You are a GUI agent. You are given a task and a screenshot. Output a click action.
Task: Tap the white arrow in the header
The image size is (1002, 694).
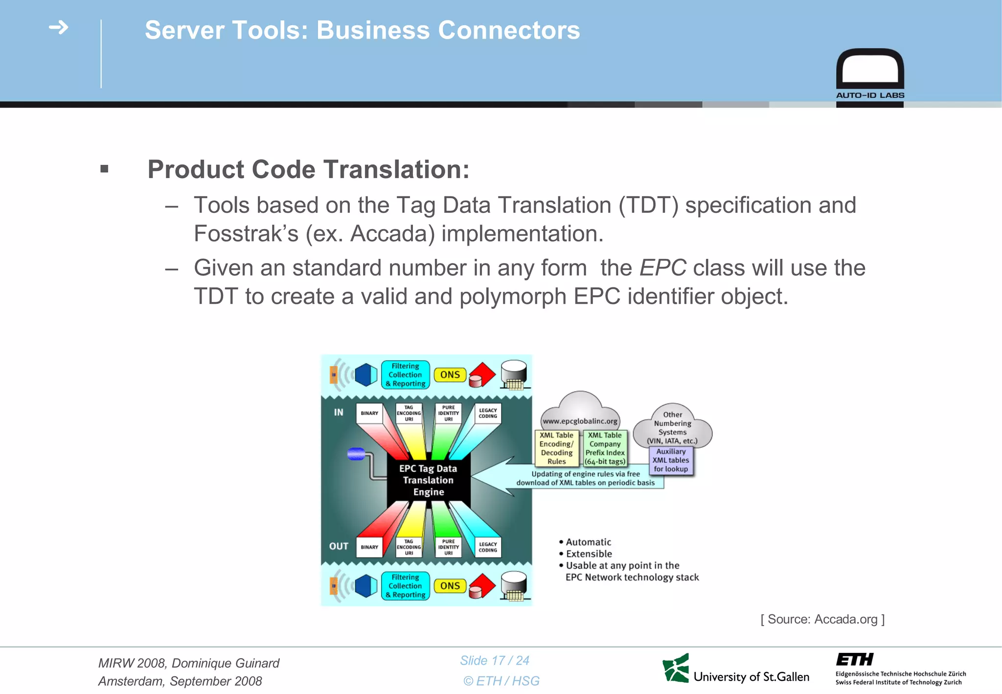click(x=59, y=27)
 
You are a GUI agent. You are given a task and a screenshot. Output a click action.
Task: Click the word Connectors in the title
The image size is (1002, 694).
click(x=509, y=30)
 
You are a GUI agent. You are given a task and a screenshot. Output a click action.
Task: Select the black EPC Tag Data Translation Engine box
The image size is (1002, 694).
click(x=428, y=480)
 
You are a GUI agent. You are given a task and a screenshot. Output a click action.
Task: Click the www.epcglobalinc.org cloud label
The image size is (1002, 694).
click(x=580, y=421)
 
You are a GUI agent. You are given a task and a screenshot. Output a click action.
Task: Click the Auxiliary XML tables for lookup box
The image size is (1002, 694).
click(x=671, y=460)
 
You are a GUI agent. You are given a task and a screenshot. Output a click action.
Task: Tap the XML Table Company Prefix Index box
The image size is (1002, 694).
click(x=605, y=448)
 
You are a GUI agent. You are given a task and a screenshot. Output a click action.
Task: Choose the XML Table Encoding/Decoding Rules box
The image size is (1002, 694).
click(x=556, y=448)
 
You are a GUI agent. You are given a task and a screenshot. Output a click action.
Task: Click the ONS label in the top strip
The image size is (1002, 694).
click(x=450, y=375)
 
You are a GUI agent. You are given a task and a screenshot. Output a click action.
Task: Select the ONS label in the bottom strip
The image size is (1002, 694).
click(x=450, y=586)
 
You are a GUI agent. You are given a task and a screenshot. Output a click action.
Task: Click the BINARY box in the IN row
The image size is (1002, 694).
click(x=369, y=414)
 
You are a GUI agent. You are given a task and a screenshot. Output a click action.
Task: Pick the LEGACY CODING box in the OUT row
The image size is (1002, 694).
click(x=488, y=547)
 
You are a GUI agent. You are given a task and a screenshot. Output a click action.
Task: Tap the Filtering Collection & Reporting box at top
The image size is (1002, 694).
click(x=405, y=375)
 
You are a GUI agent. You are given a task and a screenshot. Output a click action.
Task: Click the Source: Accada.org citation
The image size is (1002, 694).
click(x=822, y=619)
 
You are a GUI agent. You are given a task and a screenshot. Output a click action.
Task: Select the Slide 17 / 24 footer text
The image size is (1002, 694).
click(x=495, y=661)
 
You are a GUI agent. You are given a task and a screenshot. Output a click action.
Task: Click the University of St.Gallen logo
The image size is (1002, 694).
click(x=736, y=669)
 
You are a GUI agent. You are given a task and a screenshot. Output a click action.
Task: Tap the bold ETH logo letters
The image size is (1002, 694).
click(x=854, y=659)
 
